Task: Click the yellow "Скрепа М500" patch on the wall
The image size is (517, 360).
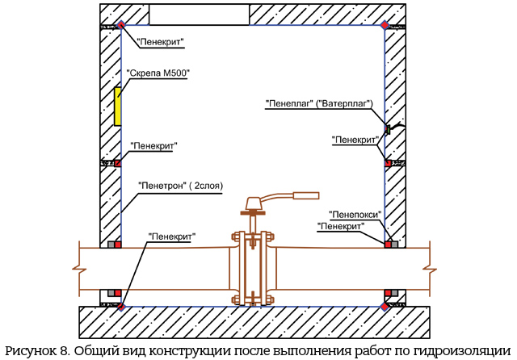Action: pos(117,107)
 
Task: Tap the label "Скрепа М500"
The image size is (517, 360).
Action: pos(158,73)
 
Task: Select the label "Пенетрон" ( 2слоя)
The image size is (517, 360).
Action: pos(180,186)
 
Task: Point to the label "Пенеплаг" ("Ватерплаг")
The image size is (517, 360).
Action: pos(319,103)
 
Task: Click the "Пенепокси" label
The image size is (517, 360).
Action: pos(355,215)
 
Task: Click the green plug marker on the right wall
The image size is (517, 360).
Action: pos(389,129)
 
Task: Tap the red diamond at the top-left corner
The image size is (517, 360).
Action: pos(121,25)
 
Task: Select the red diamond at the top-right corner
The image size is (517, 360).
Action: pos(385,25)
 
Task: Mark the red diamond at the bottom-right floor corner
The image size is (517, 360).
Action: pos(385,307)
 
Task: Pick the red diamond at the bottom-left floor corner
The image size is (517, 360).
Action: pos(121,307)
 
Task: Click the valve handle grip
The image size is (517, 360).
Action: pos(306,195)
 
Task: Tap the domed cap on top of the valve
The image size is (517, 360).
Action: pos(253,203)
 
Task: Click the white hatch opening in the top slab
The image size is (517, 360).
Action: pos(200,15)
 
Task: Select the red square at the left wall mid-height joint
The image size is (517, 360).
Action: pos(118,163)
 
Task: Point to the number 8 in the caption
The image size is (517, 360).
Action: pos(64,351)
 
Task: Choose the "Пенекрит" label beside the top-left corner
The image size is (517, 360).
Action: pos(161,42)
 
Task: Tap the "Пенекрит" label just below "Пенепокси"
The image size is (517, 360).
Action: pos(341,227)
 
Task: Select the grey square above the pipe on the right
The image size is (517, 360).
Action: pos(395,245)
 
